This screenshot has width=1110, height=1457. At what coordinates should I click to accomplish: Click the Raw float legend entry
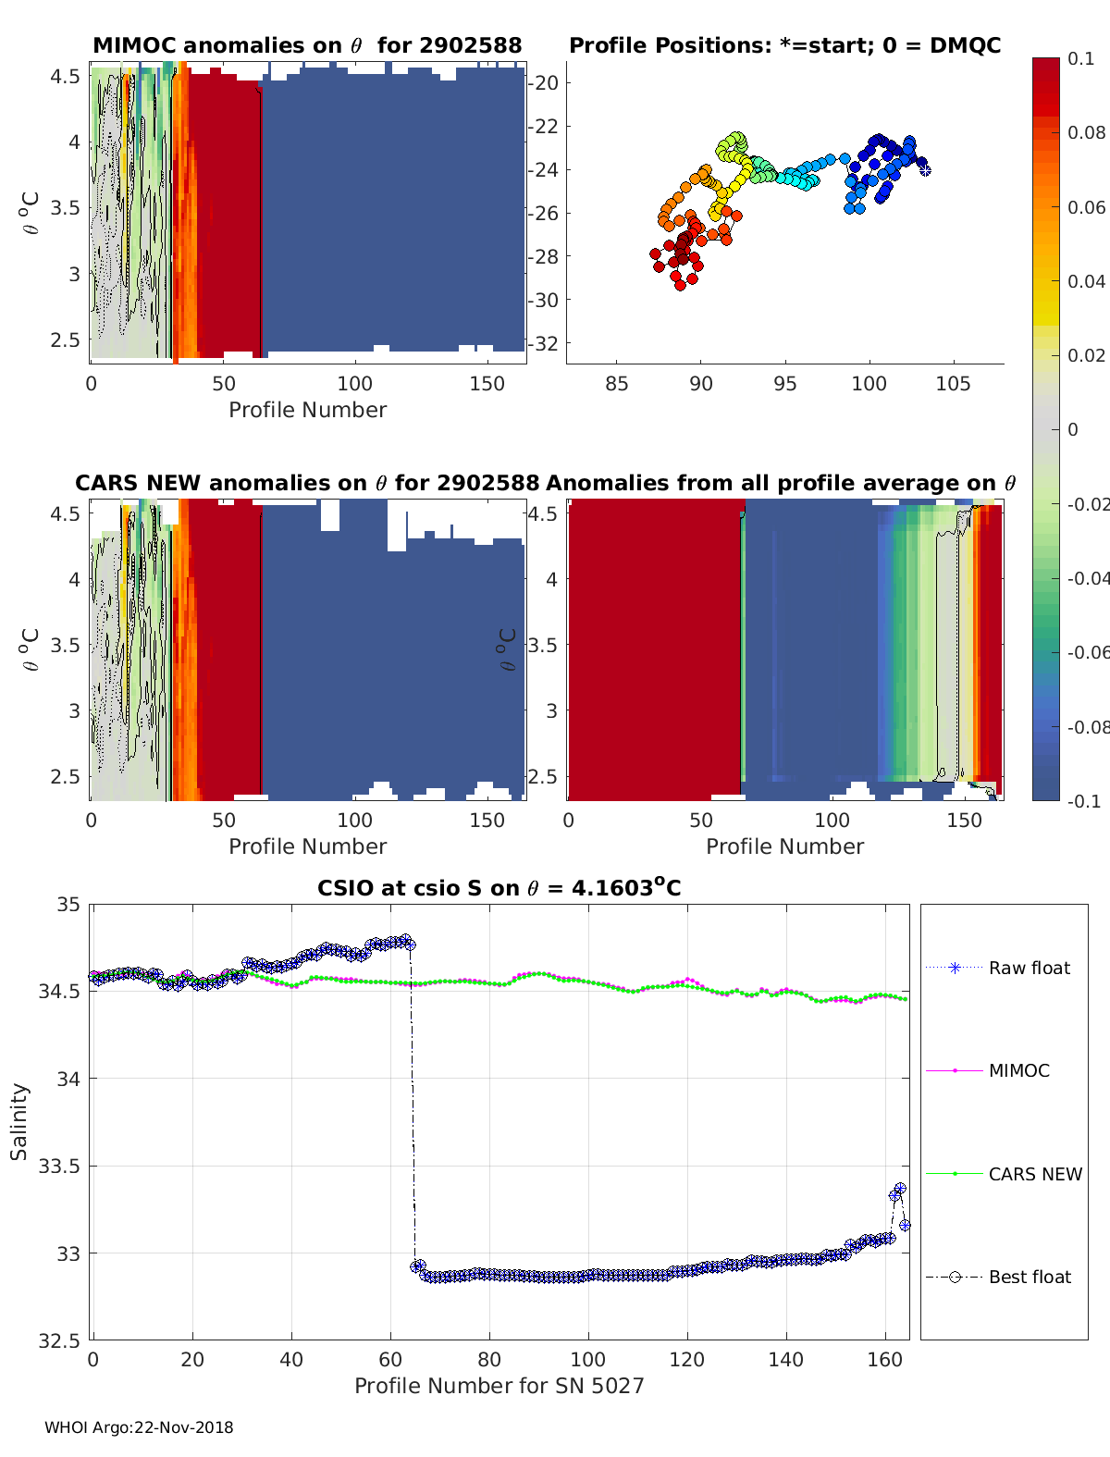coord(998,968)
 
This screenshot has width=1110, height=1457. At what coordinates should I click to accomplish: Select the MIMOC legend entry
coord(988,1070)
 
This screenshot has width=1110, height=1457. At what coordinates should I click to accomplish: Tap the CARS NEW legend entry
coord(1004,1174)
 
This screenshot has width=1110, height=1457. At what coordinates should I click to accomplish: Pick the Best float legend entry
coord(998,1278)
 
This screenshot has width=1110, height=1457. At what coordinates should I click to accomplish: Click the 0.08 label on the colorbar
coord(1085,133)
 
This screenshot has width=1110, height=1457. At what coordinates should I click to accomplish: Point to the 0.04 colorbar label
coord(1085,281)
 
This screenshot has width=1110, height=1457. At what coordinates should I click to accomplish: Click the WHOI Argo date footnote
coord(139,1427)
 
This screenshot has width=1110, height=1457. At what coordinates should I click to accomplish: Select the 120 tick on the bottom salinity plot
coord(686,1360)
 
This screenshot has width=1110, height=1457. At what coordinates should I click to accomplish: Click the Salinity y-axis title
coord(19,1122)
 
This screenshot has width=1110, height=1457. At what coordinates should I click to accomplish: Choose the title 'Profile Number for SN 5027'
coord(499,1387)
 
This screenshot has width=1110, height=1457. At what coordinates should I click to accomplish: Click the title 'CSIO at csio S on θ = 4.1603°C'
coord(499,887)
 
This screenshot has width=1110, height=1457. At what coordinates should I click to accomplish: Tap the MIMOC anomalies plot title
coord(307,45)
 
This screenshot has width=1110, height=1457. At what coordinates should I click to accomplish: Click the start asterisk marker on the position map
coord(925,170)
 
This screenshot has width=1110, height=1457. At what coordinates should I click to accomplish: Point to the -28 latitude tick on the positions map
coord(543,257)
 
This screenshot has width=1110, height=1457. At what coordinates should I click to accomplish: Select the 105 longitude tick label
coord(954,384)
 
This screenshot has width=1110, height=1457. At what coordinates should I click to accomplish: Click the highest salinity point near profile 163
coord(900,1189)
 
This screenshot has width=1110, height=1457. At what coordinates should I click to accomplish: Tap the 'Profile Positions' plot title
coord(785,45)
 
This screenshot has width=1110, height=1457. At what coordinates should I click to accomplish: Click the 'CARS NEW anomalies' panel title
coord(306,483)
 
